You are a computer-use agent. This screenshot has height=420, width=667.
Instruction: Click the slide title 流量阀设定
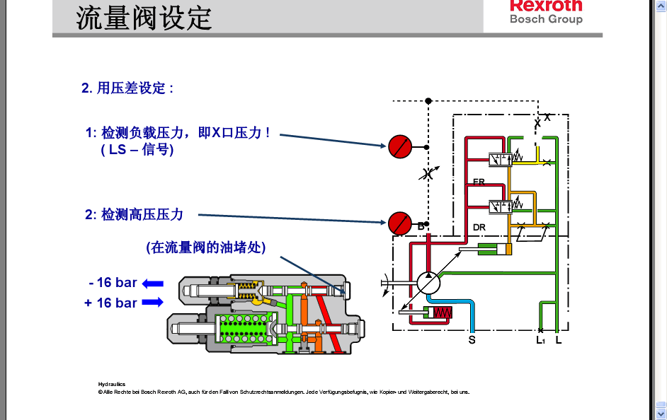pos(144,17)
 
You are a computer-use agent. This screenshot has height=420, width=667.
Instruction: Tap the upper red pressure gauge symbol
pos(399,146)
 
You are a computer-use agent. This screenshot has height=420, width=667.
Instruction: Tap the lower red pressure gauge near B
pos(399,223)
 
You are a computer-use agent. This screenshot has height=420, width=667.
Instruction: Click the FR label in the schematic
pos(479,182)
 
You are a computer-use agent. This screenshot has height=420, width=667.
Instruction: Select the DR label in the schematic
pos(479,227)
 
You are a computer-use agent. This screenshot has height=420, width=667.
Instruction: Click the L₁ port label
pos(540,340)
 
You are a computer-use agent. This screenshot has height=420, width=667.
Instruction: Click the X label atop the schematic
pos(547,117)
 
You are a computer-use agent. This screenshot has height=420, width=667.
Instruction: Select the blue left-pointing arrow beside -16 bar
pos(152,284)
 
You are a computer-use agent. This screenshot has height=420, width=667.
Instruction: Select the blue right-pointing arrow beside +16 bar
pos(152,303)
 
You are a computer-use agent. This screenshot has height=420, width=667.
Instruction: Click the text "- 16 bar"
pos(113,283)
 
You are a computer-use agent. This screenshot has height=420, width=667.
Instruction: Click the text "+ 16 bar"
pos(112,303)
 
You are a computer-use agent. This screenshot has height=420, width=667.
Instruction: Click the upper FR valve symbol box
pos(501,161)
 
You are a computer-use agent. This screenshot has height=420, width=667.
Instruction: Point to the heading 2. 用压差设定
pos(127,88)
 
